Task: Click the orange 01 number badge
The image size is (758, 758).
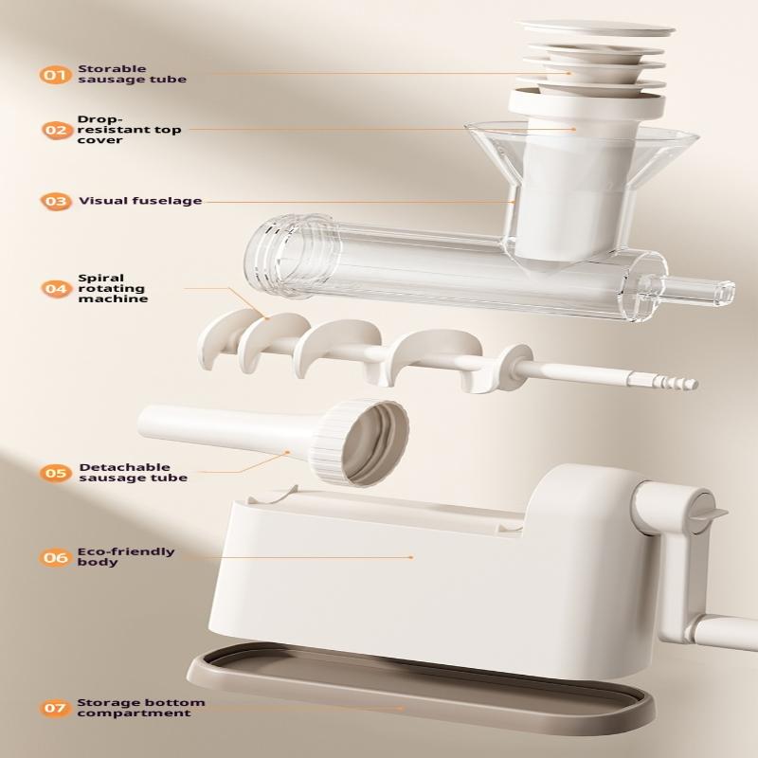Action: point(56,74)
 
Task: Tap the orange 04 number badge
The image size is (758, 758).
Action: point(56,288)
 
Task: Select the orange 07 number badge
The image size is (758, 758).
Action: point(56,708)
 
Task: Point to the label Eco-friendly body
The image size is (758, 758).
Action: point(126,556)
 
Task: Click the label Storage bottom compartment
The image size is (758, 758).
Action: point(140,708)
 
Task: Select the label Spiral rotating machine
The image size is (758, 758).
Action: point(112,288)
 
